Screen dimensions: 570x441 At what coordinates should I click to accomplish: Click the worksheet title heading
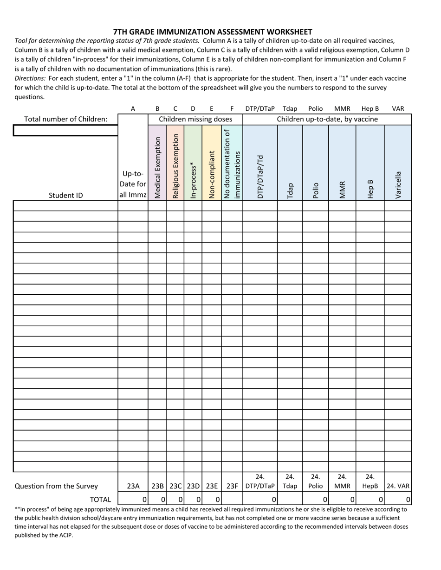213,32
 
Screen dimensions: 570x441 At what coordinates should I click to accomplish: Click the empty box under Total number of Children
65,131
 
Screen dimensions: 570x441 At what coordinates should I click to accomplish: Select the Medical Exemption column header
158,167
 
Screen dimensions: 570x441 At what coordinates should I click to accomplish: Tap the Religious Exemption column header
175,166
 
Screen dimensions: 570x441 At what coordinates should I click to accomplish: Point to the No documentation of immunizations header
232,164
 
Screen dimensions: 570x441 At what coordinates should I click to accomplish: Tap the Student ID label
65,195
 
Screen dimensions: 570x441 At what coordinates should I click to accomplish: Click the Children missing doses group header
195,119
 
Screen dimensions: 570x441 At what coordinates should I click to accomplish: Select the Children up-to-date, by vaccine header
327,119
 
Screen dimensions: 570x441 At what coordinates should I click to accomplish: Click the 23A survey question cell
133,486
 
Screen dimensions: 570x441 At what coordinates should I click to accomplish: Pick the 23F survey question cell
232,486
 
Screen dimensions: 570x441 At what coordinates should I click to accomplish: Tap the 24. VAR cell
398,486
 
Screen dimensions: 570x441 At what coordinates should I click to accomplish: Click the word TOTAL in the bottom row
100,499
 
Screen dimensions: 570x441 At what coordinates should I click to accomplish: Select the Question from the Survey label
56,486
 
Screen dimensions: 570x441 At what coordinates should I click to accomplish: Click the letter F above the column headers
232,109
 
